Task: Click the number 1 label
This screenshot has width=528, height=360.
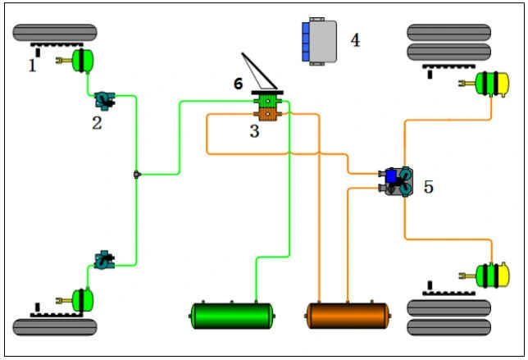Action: [x=33, y=66]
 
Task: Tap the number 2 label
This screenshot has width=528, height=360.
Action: [x=97, y=123]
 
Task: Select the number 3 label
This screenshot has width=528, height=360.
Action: [x=254, y=131]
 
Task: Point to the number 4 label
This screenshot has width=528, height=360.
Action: [x=355, y=39]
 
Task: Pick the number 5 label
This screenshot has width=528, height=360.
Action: [x=428, y=187]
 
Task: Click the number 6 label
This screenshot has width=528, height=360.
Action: [x=239, y=84]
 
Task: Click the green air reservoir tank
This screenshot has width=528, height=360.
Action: [x=232, y=316]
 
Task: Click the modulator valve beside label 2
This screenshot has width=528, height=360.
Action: [x=105, y=100]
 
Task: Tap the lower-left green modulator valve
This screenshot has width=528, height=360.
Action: [x=105, y=260]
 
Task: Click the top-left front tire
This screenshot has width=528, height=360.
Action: [x=55, y=34]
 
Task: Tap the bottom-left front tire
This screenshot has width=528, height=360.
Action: [x=55, y=326]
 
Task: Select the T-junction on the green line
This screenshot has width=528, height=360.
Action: [x=136, y=174]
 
